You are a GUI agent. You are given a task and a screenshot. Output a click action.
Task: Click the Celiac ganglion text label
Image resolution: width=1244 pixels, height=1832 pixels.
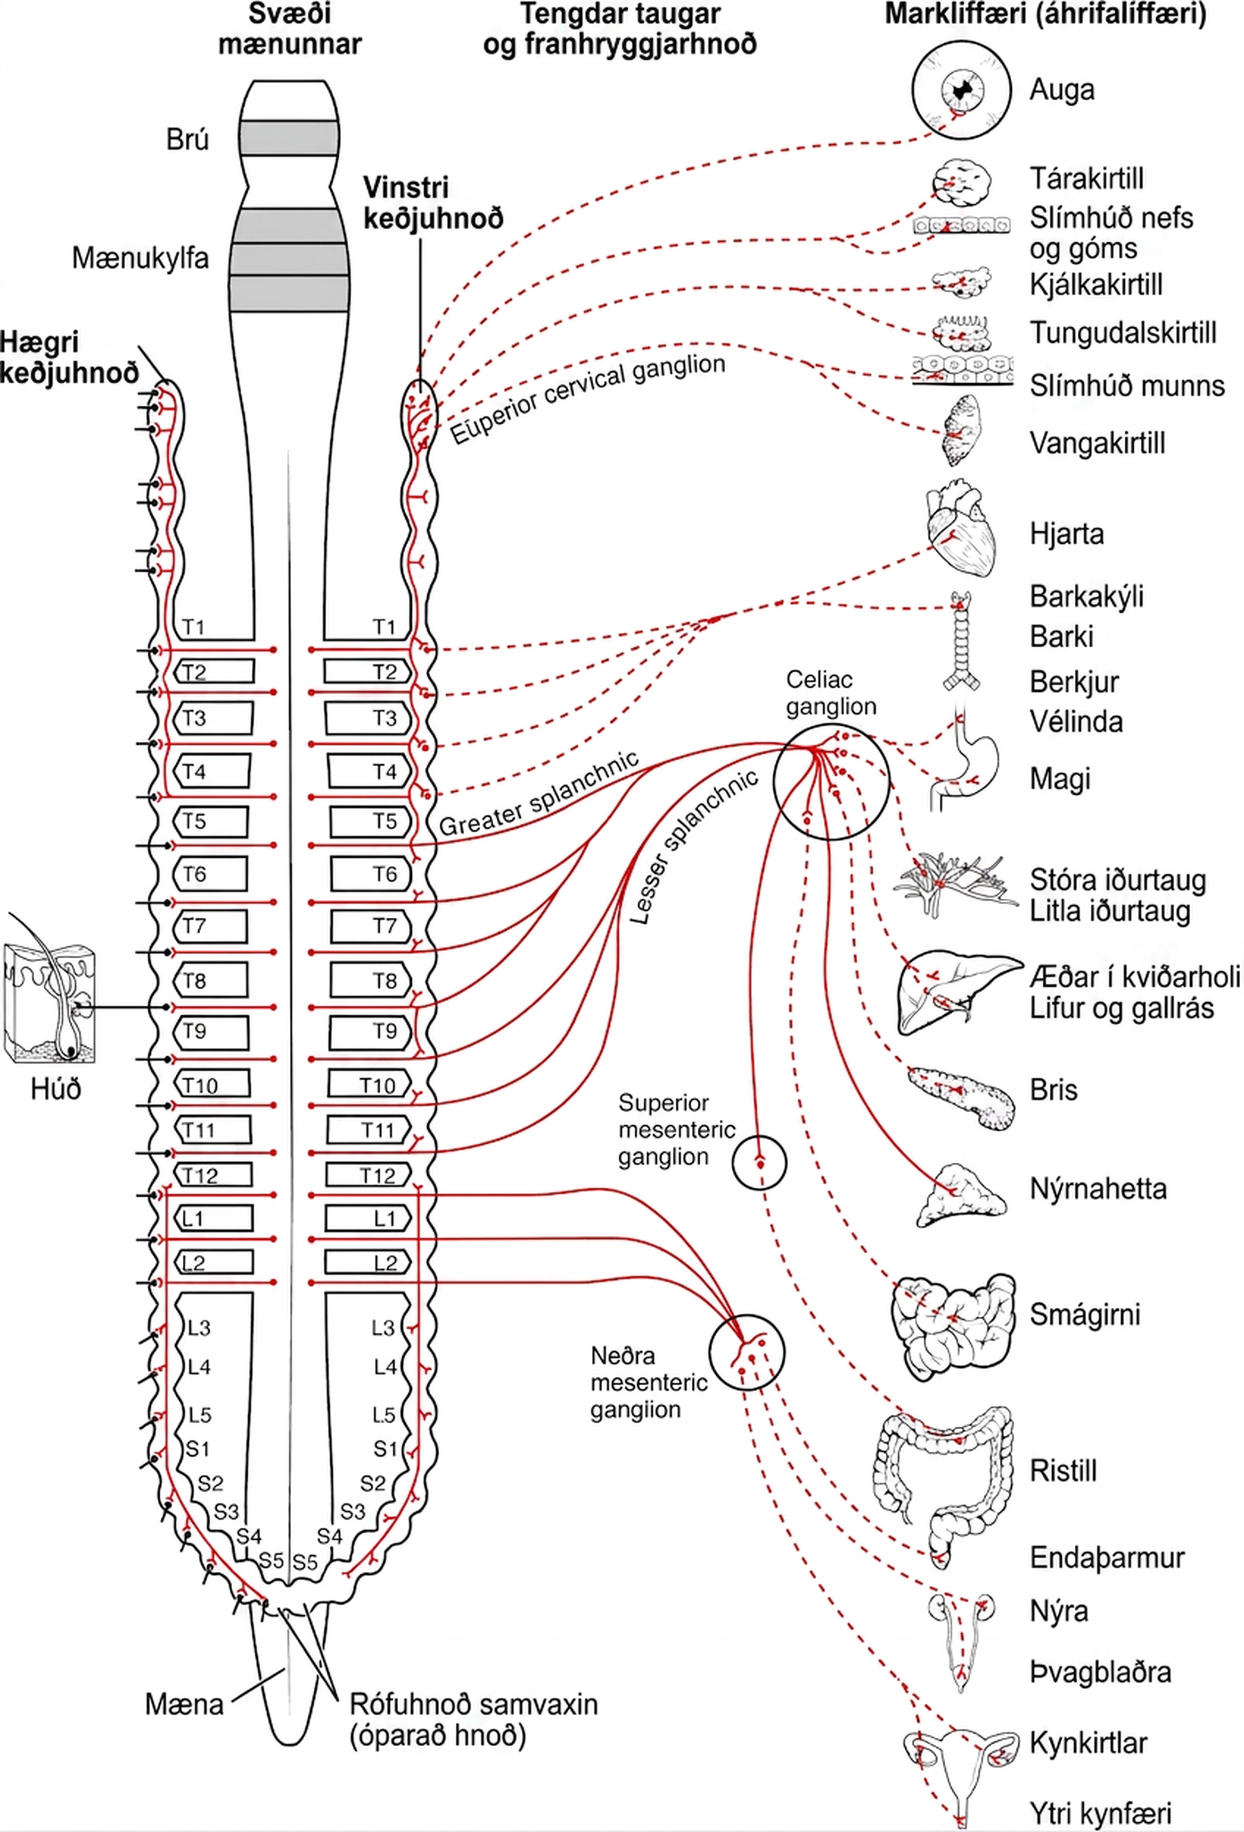(831, 692)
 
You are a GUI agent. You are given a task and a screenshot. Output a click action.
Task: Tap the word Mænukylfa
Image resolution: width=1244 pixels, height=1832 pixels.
(140, 258)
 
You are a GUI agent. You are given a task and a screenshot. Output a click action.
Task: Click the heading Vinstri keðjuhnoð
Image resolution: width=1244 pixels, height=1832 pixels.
(433, 202)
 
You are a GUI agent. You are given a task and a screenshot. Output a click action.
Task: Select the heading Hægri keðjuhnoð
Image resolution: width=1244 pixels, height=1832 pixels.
(69, 357)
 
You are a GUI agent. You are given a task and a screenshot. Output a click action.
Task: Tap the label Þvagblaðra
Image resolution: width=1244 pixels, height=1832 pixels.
(1100, 1671)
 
